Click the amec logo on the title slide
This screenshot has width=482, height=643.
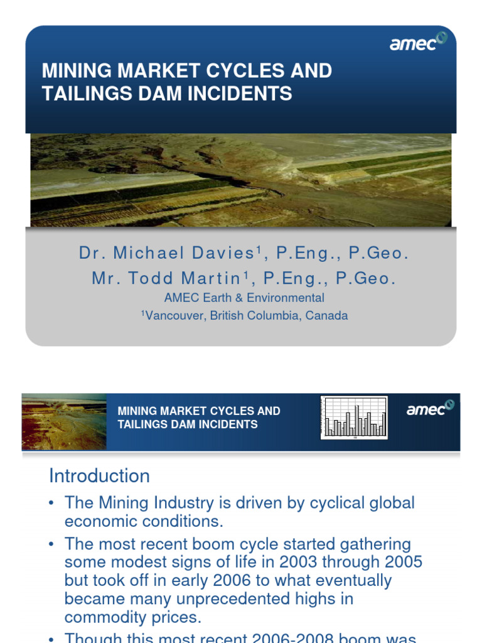coord(418,43)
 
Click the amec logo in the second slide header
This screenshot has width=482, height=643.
coord(430,409)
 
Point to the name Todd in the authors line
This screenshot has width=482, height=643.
coord(152,278)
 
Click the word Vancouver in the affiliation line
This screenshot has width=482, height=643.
coord(174,316)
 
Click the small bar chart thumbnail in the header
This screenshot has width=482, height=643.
coord(354,417)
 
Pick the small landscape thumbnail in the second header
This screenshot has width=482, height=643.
coord(64,422)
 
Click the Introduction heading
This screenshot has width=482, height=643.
coord(99,476)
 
